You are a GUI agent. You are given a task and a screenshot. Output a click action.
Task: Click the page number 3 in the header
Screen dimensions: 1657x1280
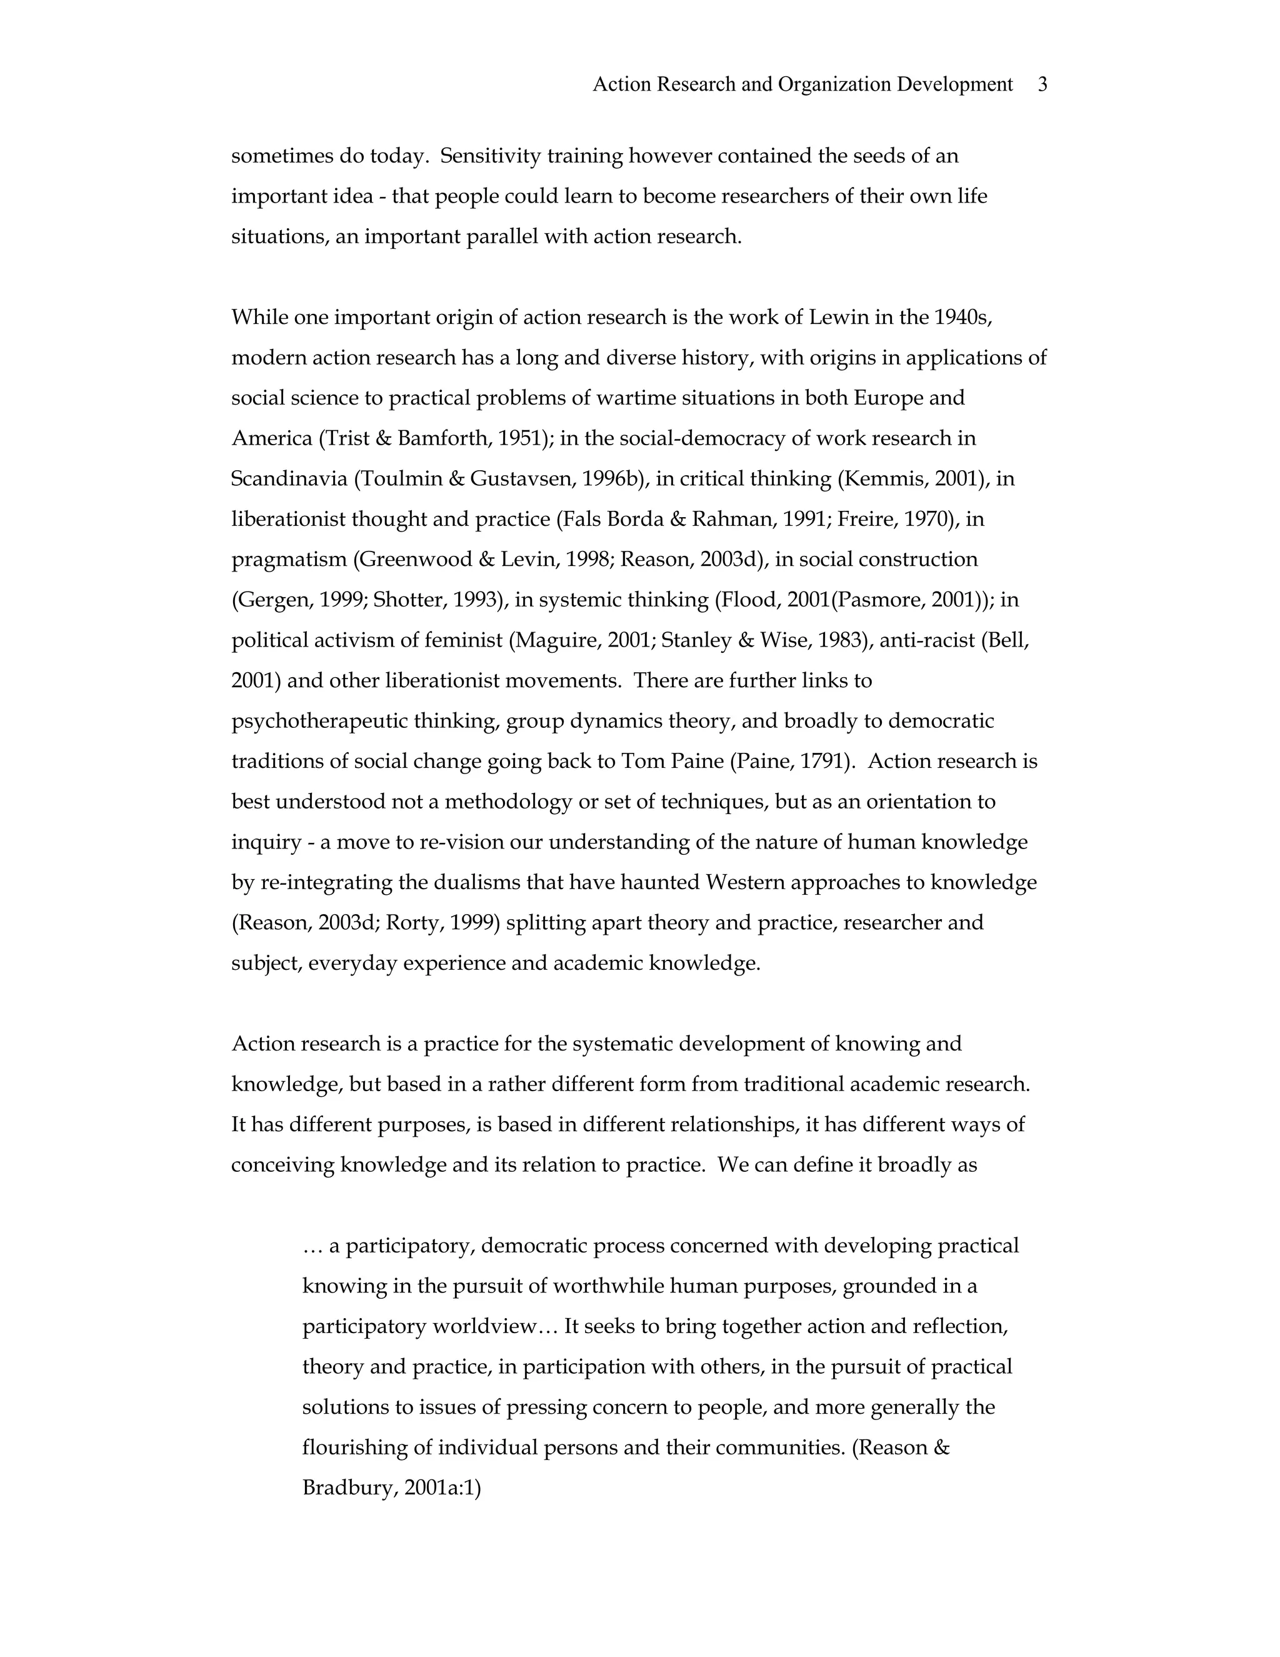(1042, 84)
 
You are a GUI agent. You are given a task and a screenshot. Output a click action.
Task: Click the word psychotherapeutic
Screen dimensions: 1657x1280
(319, 721)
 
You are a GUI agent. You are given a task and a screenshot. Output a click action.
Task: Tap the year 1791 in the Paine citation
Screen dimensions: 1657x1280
(822, 761)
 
